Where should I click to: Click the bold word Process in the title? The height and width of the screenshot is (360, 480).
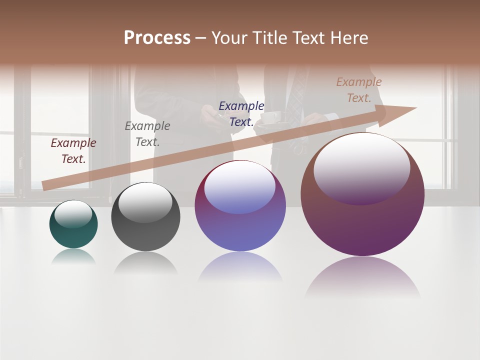tap(157, 37)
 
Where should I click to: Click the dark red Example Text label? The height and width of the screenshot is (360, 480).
tap(73, 151)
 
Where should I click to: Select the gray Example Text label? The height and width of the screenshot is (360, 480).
tap(147, 134)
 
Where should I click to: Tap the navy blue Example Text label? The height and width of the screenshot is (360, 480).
tap(241, 114)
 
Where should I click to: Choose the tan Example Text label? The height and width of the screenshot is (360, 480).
tap(359, 90)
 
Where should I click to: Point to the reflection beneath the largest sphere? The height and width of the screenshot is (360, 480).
tap(362, 277)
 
